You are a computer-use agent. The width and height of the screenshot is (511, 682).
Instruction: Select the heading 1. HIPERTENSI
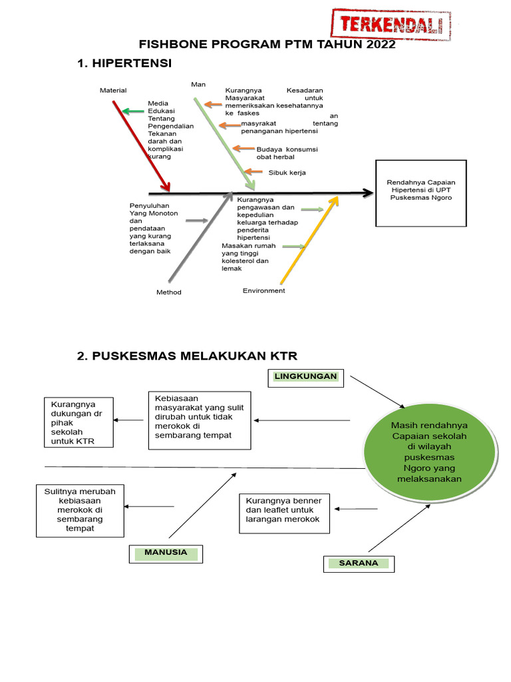tap(124, 63)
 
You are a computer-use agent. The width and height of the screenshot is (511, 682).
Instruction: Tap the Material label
tap(113, 91)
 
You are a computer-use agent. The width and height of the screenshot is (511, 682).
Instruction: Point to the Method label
tap(168, 292)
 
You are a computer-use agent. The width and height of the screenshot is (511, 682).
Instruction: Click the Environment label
tap(263, 291)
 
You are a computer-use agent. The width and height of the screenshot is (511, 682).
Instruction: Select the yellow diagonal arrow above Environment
tap(308, 240)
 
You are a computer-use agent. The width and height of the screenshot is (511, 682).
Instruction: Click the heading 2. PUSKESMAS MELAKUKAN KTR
tap(187, 356)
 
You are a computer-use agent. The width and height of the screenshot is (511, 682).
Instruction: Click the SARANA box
tap(359, 563)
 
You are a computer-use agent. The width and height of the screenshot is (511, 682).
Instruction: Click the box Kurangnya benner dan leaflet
tap(284, 513)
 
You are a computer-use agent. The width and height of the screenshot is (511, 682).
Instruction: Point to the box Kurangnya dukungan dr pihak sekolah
tap(78, 423)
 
